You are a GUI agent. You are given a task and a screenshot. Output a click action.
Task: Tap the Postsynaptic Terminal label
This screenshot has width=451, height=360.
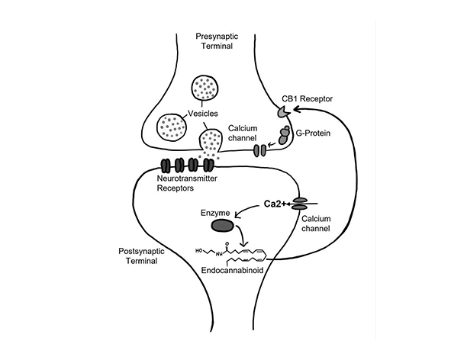click(141, 256)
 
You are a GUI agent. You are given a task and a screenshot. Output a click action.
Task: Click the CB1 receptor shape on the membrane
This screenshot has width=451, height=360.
click(282, 112)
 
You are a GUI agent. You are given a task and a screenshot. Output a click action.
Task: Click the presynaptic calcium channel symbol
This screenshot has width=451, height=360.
click(259, 150)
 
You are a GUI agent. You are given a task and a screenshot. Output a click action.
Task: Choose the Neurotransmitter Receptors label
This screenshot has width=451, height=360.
click(187, 185)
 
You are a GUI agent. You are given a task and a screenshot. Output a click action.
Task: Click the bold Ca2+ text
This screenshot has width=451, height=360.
click(274, 202)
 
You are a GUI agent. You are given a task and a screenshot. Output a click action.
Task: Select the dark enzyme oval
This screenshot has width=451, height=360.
click(223, 226)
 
